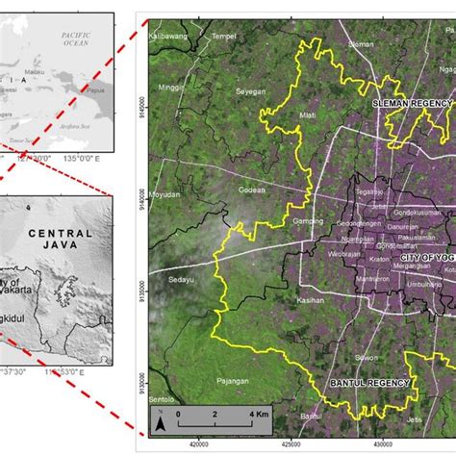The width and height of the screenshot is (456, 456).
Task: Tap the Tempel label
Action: (224, 36)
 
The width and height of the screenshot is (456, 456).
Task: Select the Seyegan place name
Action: (250, 90)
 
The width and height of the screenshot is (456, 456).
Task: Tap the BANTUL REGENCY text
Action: (370, 383)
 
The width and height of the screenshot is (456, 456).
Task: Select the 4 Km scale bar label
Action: (257, 413)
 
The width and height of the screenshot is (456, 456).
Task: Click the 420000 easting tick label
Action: (199, 444)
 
